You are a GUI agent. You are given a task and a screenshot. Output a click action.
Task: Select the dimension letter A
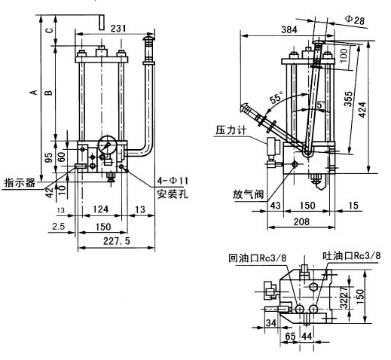coord(32,93)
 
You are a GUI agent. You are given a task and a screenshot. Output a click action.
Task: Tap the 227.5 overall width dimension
coord(114,242)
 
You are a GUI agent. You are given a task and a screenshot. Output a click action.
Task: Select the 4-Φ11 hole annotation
coord(173,180)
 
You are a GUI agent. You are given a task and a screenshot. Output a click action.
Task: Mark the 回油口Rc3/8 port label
coord(258,258)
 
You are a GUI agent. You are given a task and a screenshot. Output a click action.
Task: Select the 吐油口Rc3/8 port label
coord(350,255)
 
